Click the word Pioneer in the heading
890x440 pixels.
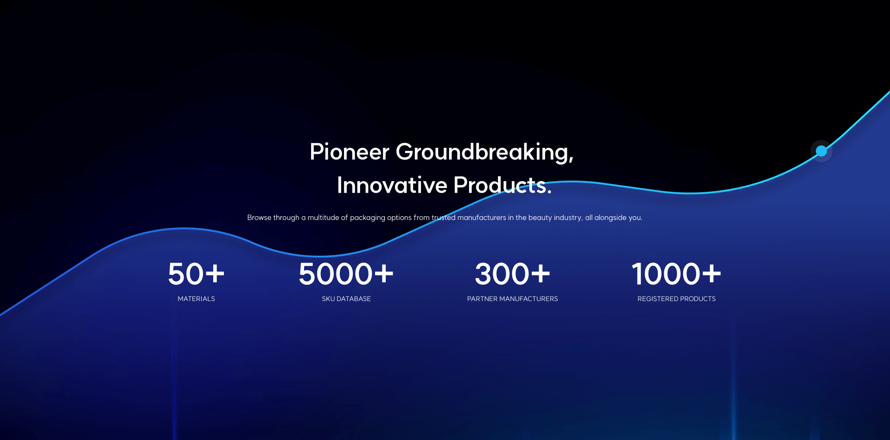point(350,152)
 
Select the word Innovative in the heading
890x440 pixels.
point(392,185)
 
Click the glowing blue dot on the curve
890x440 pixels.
point(821,151)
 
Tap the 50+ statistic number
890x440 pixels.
point(196,274)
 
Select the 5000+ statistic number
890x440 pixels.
point(346,274)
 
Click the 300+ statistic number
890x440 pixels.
point(513,274)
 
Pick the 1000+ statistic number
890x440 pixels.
point(676,274)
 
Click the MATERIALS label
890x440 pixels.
point(197,299)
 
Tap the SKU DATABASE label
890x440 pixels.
point(346,299)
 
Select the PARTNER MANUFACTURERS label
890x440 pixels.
point(513,299)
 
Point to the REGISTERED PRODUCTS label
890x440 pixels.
point(677,299)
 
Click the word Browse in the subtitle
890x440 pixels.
point(259,218)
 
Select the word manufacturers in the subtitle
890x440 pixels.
point(482,218)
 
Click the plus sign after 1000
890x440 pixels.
point(712,273)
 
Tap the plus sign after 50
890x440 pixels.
point(215,273)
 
